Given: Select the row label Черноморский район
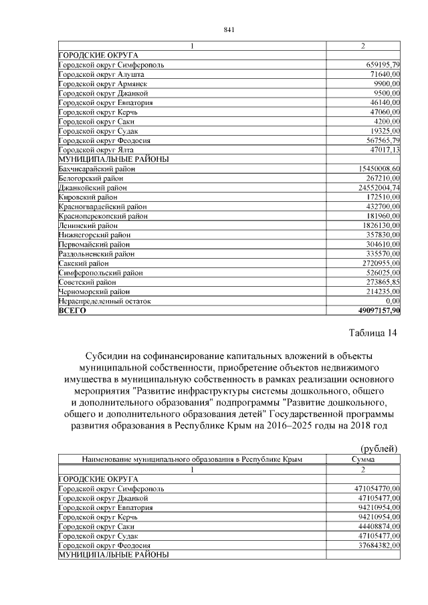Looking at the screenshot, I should click(94, 292).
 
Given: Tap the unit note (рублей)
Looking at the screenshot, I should click(380, 449).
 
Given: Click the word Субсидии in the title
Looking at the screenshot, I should click(106, 356).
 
